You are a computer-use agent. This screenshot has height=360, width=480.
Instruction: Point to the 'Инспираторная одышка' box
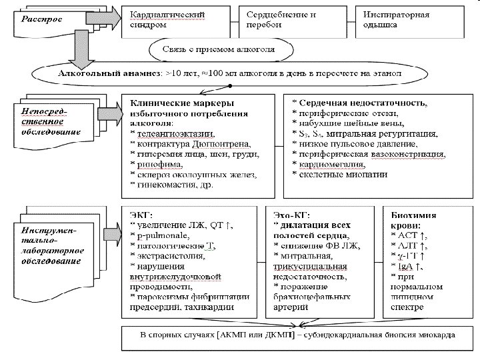(x=395, y=19)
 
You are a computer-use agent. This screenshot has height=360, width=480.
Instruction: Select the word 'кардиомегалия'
(x=327, y=163)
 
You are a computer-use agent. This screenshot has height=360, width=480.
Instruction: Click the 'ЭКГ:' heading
(x=142, y=216)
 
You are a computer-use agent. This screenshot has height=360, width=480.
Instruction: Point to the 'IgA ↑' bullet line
(x=410, y=267)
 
